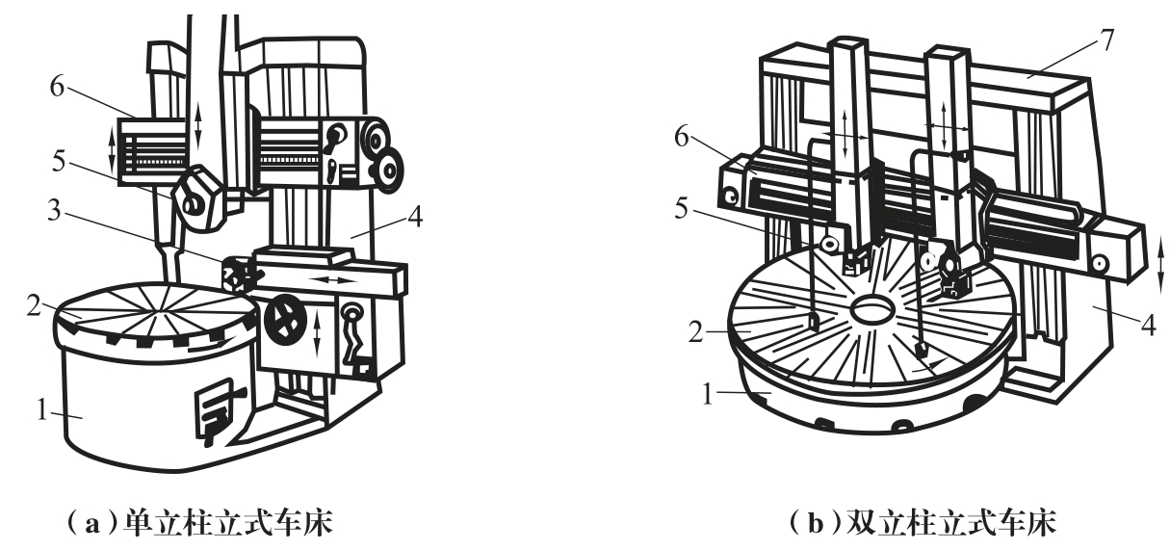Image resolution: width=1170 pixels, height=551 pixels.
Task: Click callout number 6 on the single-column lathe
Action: [x=57, y=86]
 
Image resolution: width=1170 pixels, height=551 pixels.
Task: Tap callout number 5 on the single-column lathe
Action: [x=59, y=162]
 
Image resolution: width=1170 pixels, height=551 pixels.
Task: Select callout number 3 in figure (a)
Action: [x=54, y=211]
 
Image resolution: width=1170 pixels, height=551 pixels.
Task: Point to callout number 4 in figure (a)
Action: [x=415, y=218]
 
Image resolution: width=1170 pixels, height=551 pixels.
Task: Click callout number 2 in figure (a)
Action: [x=34, y=306]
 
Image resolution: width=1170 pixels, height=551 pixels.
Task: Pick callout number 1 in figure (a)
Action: [x=42, y=410]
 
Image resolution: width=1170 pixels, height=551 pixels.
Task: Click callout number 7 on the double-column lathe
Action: [x=1107, y=40]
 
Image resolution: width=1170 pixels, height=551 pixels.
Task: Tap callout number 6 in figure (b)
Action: [x=682, y=137]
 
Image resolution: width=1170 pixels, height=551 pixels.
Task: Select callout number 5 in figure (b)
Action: [x=681, y=209]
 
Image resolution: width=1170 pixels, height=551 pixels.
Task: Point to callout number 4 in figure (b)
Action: [x=1148, y=325]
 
